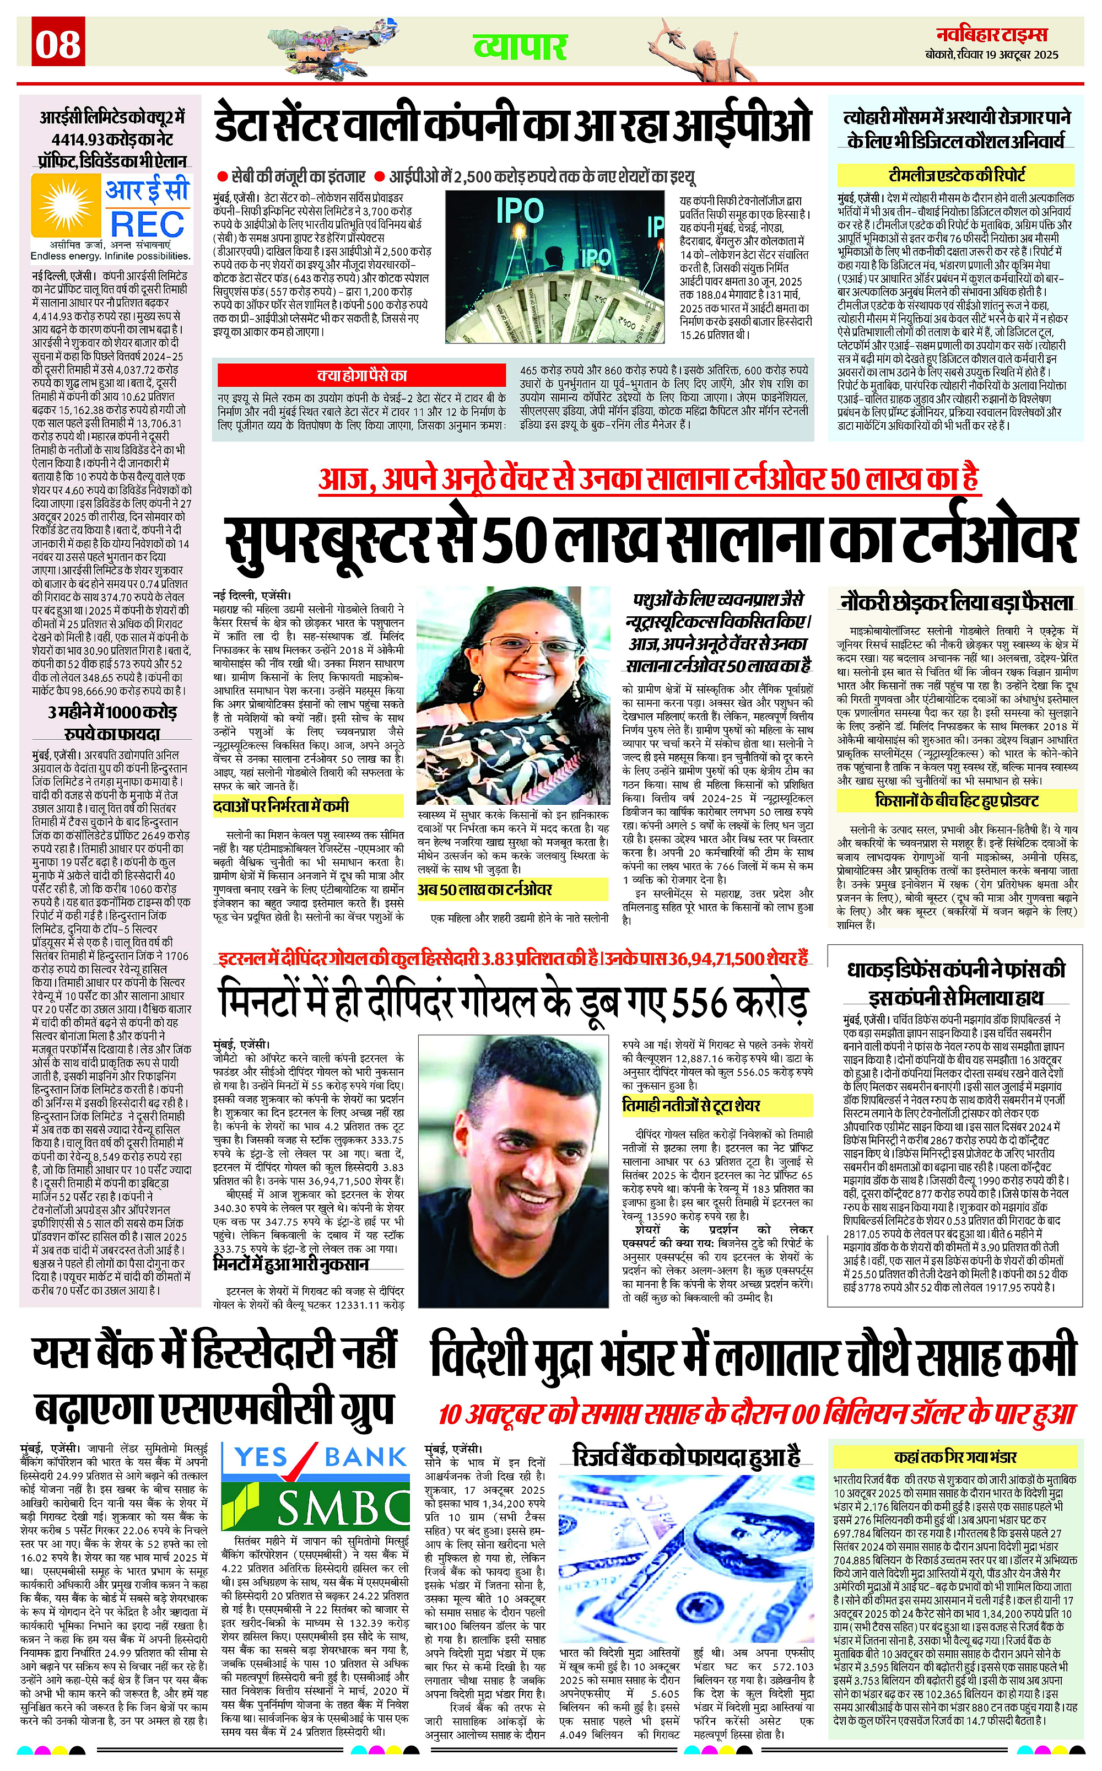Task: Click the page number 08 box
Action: (58, 44)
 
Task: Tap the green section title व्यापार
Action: (520, 47)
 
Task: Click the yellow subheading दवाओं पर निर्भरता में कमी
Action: (282, 806)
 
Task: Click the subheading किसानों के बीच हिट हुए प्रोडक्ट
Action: (956, 800)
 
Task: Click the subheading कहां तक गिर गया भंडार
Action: (955, 1457)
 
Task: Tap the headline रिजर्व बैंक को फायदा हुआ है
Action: (687, 1456)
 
